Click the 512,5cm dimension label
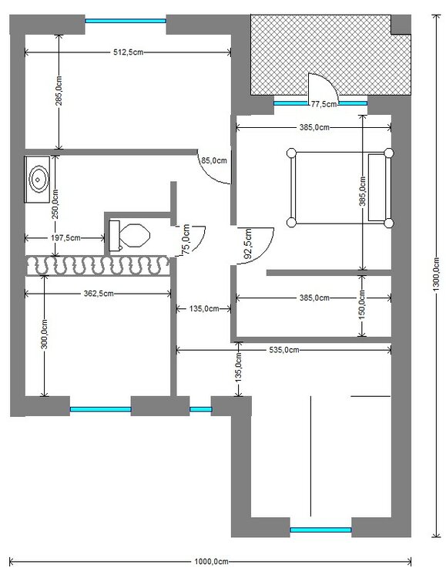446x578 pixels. coord(128,52)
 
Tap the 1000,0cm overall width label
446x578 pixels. coord(211,562)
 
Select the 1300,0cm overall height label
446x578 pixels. coord(436,274)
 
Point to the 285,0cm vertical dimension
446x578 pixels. coord(59,91)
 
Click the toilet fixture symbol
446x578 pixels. coord(129,236)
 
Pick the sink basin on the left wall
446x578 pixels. coord(37,180)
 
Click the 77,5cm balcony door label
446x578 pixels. coord(324,104)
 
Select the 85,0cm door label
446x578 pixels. coord(214,161)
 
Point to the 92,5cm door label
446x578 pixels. coord(248,244)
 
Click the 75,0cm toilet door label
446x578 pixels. coord(186,239)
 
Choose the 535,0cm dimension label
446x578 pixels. coord(283,350)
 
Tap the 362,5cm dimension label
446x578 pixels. coord(99,294)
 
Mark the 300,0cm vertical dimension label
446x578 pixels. coord(44,334)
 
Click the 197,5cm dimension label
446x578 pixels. coord(65,238)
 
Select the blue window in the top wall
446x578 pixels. coord(126,21)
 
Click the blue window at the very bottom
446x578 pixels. coord(320,530)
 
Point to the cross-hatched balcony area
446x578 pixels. coord(330,55)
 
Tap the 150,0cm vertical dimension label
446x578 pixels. coord(362,305)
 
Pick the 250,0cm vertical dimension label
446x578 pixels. coord(55,204)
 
